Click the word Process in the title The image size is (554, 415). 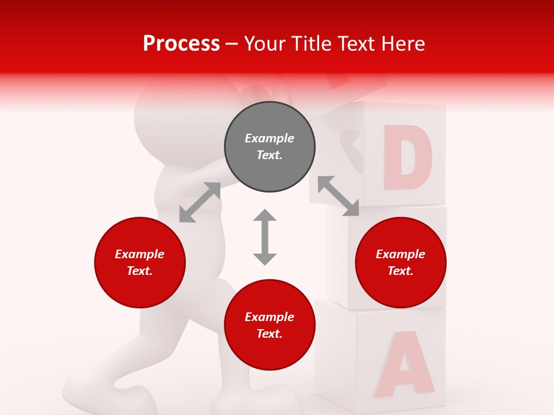coord(181,44)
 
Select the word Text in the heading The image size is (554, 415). coord(355,44)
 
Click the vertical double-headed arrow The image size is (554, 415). coord(265,237)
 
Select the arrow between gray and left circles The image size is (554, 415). coord(200,202)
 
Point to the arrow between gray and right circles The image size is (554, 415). coord(339,196)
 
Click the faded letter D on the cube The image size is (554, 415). coord(407,157)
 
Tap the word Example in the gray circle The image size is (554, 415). coord(269,138)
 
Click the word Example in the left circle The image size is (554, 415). coord(140,254)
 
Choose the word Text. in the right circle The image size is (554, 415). coord(400,271)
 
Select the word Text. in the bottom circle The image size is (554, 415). coord(269,334)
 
